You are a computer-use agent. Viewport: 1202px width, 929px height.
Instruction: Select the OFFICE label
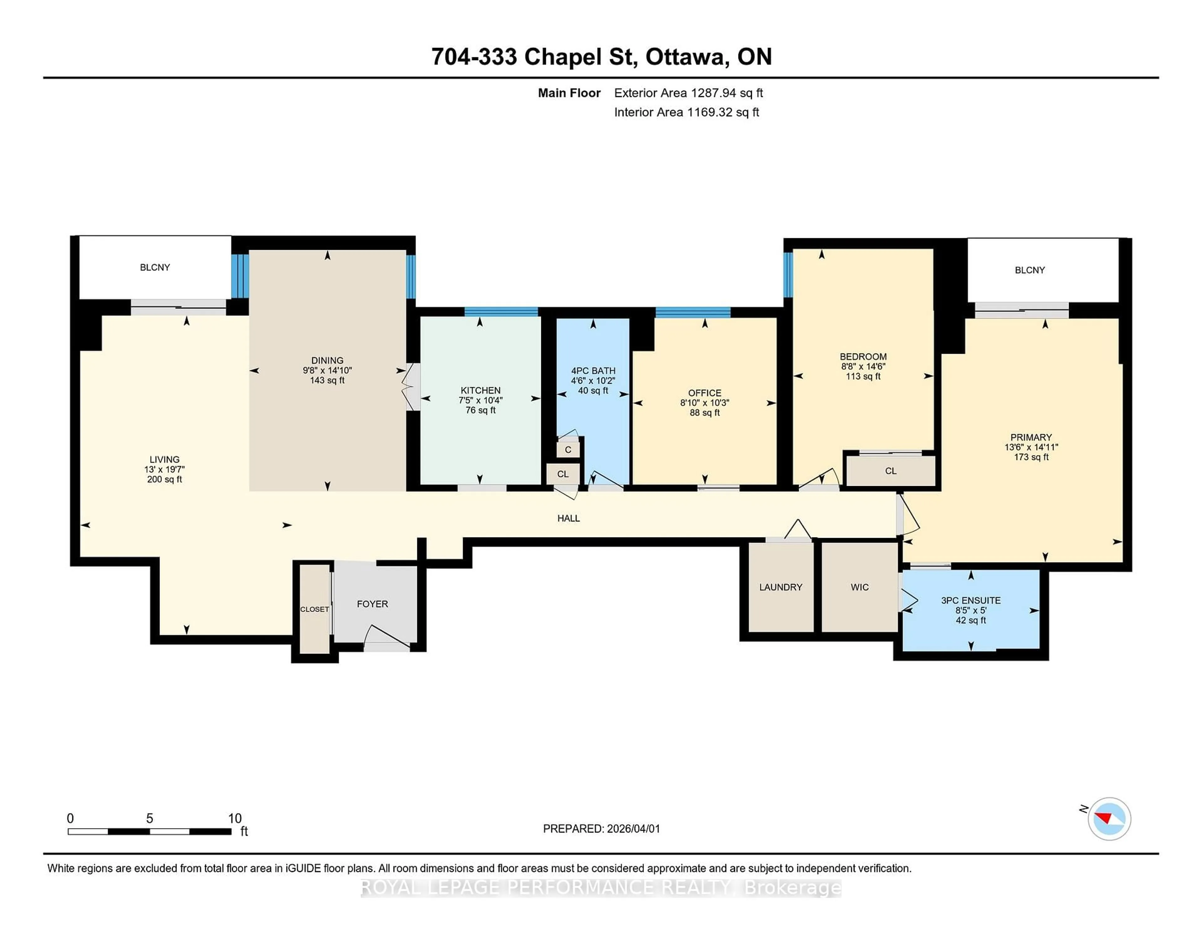tap(705, 393)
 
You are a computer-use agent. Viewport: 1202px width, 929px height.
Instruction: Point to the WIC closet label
tap(859, 587)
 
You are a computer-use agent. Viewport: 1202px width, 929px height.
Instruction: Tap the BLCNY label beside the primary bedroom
tap(1029, 270)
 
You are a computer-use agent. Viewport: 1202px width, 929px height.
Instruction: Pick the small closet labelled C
tap(568, 450)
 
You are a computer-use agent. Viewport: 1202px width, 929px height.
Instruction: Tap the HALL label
tap(568, 518)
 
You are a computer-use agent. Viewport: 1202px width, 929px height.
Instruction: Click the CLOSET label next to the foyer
tap(314, 609)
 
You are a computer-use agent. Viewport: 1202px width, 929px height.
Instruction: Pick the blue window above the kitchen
tap(501, 311)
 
